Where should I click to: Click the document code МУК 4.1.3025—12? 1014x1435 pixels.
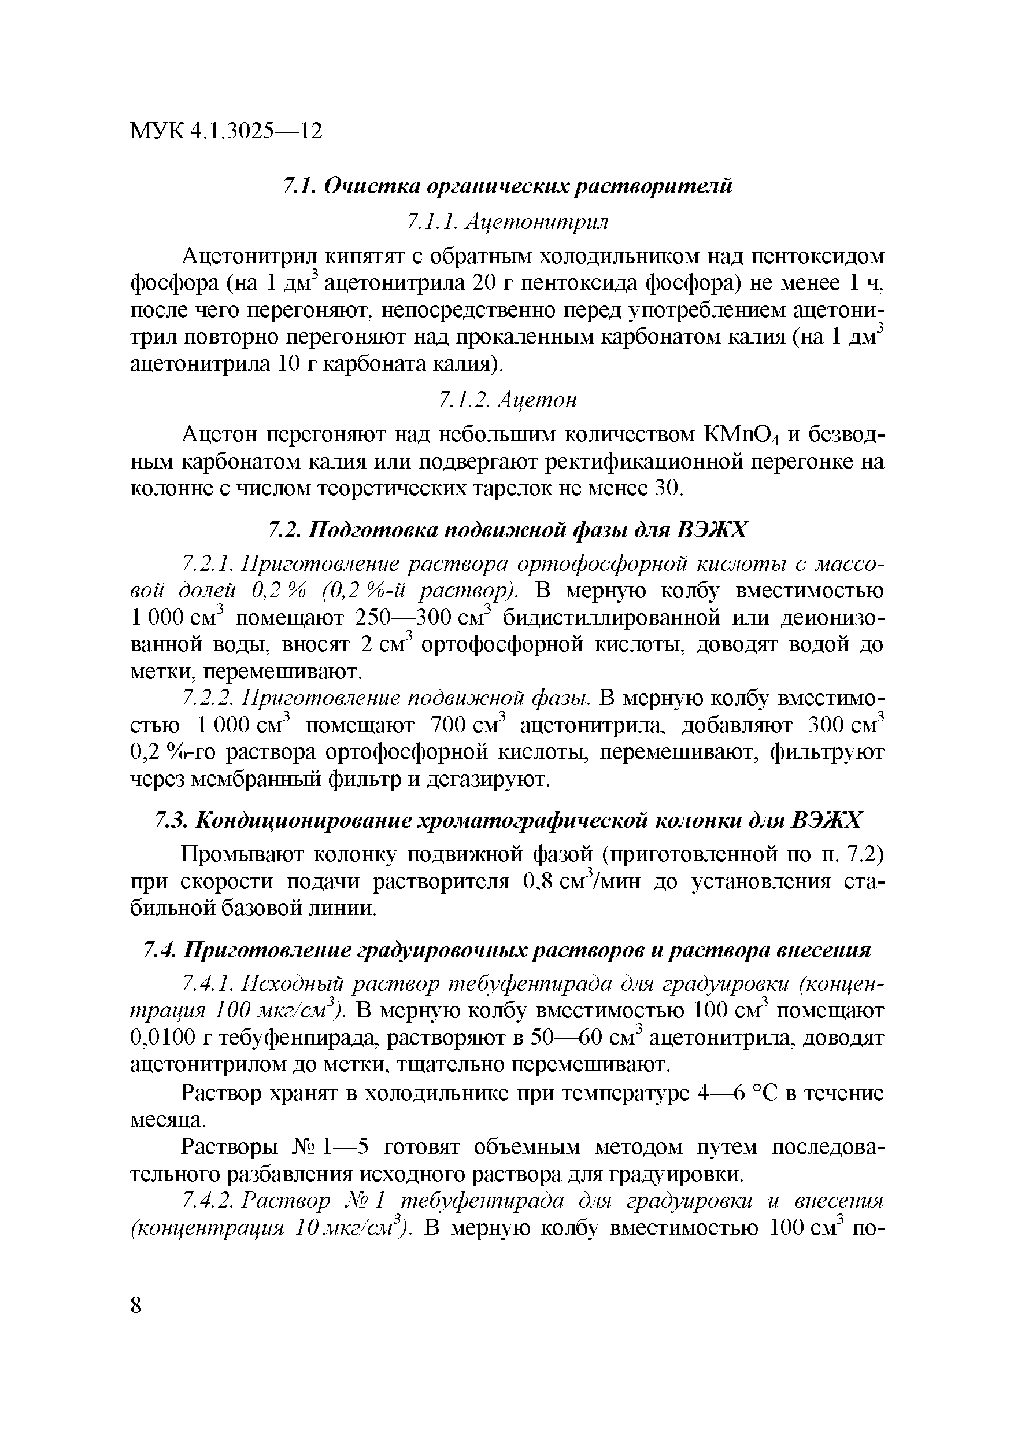(x=226, y=131)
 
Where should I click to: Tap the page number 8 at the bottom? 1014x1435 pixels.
(x=137, y=1305)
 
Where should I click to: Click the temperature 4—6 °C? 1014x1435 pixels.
(x=732, y=1093)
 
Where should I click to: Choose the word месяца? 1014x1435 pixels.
(x=166, y=1119)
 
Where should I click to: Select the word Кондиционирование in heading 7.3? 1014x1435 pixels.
(x=302, y=820)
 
